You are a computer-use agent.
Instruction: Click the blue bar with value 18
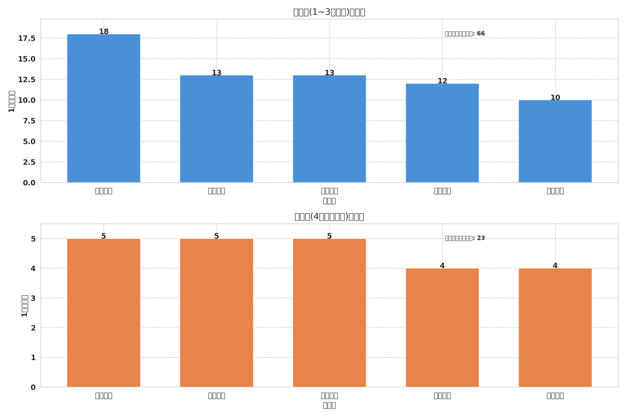103,108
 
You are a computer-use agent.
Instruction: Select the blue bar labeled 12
442,133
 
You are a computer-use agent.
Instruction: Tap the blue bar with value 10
555,141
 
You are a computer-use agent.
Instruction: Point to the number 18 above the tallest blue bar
103,32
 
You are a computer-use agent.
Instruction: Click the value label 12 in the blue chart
442,81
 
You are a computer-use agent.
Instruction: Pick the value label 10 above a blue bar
555,98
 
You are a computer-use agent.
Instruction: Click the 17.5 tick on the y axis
27,38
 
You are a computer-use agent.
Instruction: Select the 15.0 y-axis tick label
27,59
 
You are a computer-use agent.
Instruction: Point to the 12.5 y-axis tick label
27,80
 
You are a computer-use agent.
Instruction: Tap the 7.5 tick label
29,121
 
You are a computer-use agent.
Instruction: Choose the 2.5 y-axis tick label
29,162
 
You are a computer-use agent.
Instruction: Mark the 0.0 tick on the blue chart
29,183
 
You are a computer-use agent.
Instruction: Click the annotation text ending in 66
465,34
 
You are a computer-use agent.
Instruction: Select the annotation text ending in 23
465,238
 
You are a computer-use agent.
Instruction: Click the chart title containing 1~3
329,12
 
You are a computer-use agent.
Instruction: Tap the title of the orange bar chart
329,217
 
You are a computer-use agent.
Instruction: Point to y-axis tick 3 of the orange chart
33,298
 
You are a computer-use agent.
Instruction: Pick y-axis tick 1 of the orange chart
33,358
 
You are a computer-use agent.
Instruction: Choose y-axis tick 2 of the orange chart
33,328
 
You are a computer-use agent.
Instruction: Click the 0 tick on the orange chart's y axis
33,387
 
